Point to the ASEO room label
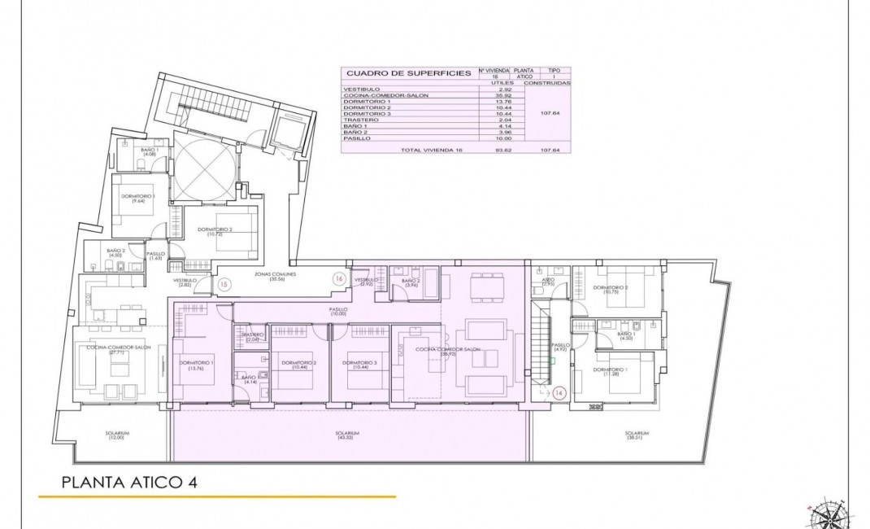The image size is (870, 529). pos(548,282)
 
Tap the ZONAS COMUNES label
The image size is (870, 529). pos(274,276)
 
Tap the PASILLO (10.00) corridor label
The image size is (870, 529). pos(338,312)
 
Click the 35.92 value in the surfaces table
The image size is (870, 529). pos(489,95)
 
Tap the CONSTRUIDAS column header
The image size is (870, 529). pos(547,83)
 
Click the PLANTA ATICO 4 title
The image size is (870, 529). pos(129,482)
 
